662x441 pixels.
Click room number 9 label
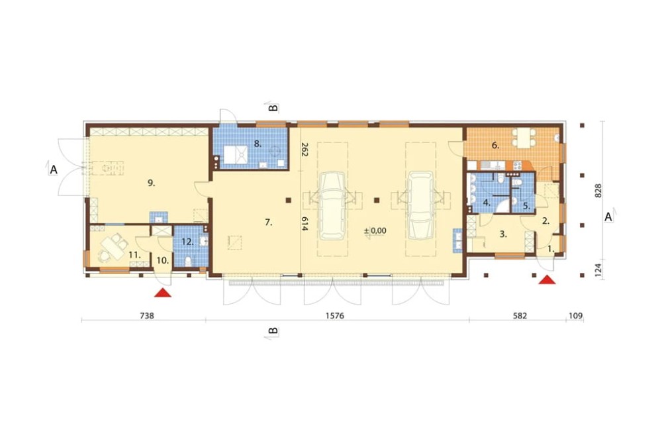pyautogui.click(x=151, y=183)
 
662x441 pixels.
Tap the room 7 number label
pyautogui.click(x=269, y=222)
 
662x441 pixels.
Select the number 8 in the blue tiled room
pyautogui.click(x=258, y=144)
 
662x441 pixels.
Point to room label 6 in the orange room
pyautogui.click(x=495, y=146)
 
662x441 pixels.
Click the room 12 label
pyautogui.click(x=187, y=242)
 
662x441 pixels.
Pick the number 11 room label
pyautogui.click(x=134, y=255)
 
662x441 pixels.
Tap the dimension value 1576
pyautogui.click(x=335, y=316)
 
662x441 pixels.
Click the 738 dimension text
pyautogui.click(x=146, y=316)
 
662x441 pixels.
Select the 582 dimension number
pyautogui.click(x=520, y=316)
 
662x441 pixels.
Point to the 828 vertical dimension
pyautogui.click(x=598, y=191)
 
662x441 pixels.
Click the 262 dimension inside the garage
pyautogui.click(x=305, y=150)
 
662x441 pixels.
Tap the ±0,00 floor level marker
pyautogui.click(x=375, y=231)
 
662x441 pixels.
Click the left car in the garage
pyautogui.click(x=333, y=206)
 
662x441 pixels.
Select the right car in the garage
pyautogui.click(x=420, y=206)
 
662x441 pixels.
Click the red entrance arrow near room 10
pyautogui.click(x=163, y=293)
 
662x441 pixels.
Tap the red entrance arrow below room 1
pyautogui.click(x=547, y=279)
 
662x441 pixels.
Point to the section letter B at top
pyautogui.click(x=273, y=108)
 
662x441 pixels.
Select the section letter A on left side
pyautogui.click(x=54, y=170)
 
